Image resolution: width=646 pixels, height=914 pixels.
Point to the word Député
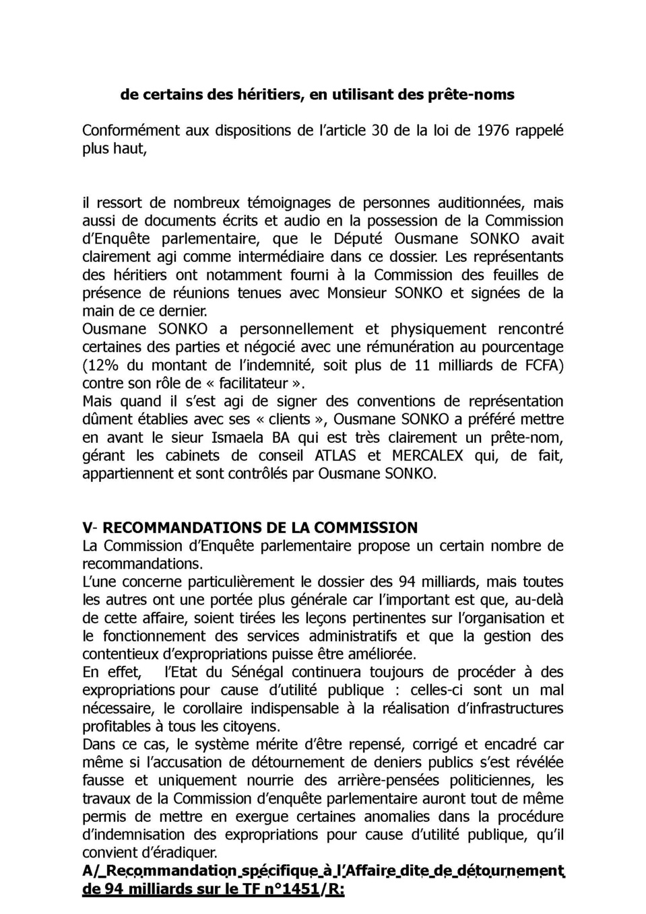(358, 239)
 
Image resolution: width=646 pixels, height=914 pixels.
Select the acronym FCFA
(544, 365)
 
